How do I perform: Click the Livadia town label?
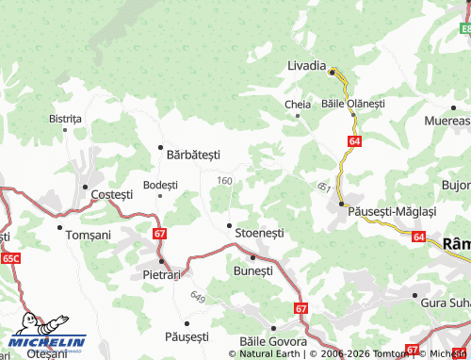click(306, 66)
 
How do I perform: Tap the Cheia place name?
click(295, 105)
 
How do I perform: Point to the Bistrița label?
click(65, 119)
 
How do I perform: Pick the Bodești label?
click(159, 185)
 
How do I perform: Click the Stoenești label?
click(259, 232)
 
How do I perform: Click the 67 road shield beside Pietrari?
click(159, 233)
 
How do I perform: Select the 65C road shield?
click(10, 257)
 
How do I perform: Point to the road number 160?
click(224, 181)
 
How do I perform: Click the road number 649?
click(197, 298)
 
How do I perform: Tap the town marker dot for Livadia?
click(332, 69)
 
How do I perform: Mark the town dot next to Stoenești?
click(229, 225)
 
